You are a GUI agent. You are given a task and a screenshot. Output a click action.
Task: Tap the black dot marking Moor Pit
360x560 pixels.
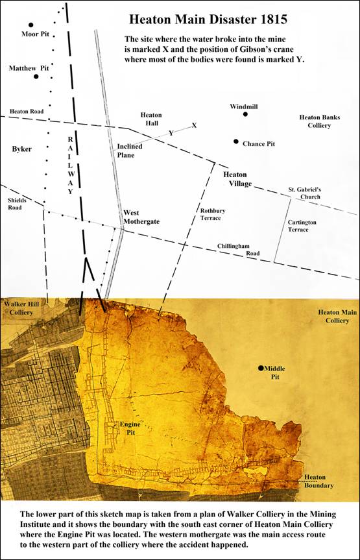[x=30, y=25]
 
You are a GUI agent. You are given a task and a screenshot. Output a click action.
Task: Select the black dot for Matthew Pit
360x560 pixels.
[x=36, y=77]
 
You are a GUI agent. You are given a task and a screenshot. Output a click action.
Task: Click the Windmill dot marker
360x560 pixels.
[x=245, y=114]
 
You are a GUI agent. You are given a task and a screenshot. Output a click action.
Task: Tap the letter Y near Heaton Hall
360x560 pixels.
[x=171, y=132]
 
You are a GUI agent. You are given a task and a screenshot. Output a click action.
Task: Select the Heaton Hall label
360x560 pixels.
[x=151, y=119]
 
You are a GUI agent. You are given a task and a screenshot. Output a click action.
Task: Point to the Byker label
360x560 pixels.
[x=21, y=149]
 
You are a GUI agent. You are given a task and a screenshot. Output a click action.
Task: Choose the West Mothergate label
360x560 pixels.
[x=141, y=217]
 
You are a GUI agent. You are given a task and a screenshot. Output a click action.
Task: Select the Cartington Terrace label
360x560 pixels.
[x=302, y=225]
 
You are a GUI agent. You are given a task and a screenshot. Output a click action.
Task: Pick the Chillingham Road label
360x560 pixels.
[x=238, y=249]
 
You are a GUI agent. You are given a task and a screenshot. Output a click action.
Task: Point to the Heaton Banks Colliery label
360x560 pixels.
[x=315, y=121]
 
